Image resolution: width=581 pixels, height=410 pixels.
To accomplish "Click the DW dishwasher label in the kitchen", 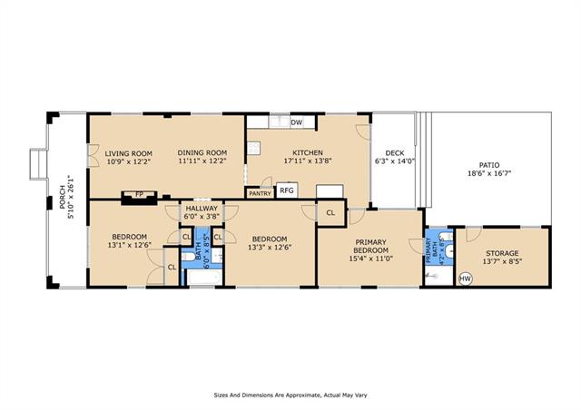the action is [x=297, y=122].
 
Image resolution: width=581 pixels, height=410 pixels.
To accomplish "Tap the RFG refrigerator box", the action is [x=287, y=190].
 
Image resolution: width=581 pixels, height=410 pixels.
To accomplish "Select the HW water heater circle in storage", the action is [x=466, y=278].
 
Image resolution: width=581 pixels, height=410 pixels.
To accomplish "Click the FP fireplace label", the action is [x=139, y=194].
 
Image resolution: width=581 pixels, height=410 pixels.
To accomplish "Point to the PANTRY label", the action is [x=261, y=193].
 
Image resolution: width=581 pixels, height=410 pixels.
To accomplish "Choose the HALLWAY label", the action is [x=202, y=209].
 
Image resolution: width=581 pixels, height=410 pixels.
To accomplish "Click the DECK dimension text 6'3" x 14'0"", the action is [x=395, y=161].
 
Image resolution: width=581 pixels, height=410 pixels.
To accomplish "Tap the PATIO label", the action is [x=489, y=165].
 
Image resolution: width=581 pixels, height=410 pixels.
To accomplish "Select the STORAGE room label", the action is [x=502, y=253].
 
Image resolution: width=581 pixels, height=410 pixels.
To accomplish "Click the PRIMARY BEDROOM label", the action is [x=371, y=247].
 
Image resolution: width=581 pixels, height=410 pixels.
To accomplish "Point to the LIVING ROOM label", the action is [x=128, y=153].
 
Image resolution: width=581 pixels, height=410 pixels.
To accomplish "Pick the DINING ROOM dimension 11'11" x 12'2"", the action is [x=202, y=161].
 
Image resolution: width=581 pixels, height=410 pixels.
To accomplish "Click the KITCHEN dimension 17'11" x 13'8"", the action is [x=308, y=161].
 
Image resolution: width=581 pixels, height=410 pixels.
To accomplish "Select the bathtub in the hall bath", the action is [x=204, y=278].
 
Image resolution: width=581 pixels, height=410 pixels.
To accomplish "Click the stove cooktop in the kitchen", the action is [x=254, y=148].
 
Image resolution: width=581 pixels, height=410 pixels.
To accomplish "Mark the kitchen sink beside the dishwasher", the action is [x=279, y=122].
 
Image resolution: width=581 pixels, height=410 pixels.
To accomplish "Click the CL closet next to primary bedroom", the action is [x=330, y=213].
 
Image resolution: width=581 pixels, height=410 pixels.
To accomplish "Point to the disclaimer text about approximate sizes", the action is [x=290, y=395].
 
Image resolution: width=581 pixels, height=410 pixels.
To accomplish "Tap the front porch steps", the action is [x=38, y=164].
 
